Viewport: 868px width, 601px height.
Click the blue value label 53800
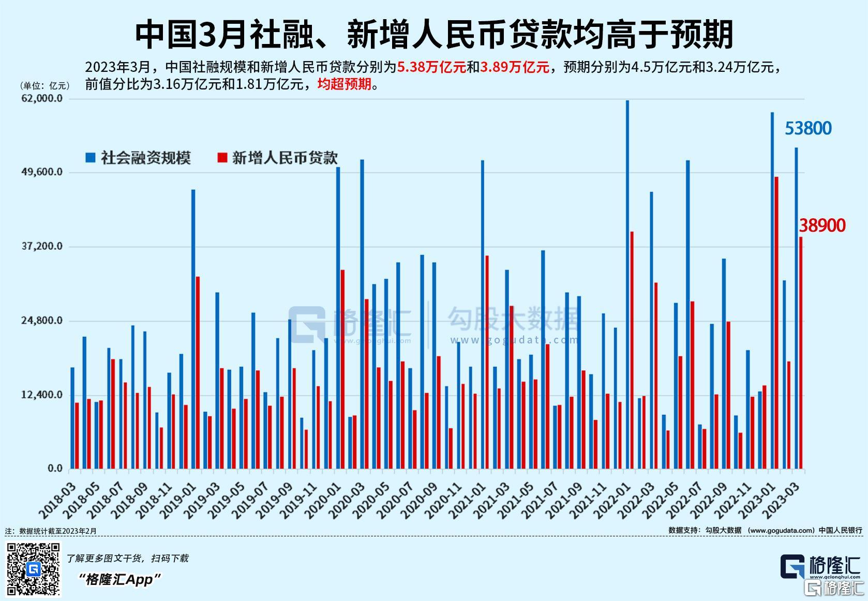(808, 128)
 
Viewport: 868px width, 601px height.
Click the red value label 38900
(822, 226)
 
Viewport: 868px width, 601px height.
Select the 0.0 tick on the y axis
(55, 469)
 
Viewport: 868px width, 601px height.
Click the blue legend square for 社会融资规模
(91, 158)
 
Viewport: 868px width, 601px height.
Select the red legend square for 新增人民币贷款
(222, 158)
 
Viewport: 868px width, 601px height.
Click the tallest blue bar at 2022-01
(627, 284)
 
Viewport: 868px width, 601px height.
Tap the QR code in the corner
(33, 569)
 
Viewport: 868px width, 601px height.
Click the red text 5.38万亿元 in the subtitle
(431, 67)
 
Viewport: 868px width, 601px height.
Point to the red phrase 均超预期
(344, 84)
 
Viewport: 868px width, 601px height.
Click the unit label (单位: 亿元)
(44, 86)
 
